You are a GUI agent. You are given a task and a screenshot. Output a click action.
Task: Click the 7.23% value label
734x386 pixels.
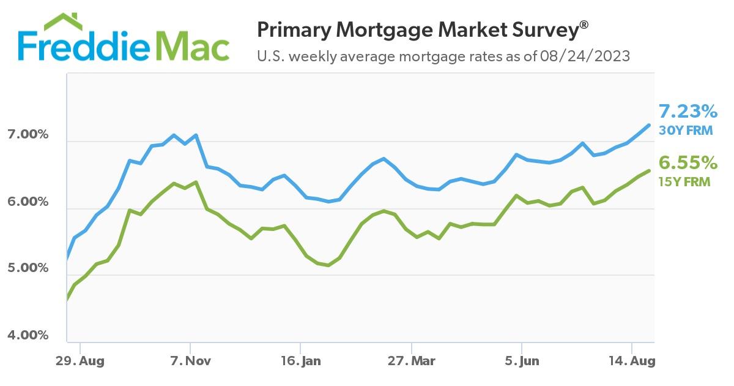pyautogui.click(x=688, y=112)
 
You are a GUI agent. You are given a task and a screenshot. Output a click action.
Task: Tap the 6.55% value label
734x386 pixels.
pyautogui.click(x=688, y=162)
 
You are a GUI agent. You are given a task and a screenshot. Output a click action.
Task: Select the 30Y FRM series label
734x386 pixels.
pyautogui.click(x=685, y=130)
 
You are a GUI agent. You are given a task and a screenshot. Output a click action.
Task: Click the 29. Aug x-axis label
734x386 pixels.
pyautogui.click(x=81, y=361)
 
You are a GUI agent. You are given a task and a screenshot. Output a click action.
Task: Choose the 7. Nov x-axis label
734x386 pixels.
pyautogui.click(x=190, y=361)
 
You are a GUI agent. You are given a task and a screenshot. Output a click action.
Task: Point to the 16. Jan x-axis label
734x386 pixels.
pyautogui.click(x=302, y=361)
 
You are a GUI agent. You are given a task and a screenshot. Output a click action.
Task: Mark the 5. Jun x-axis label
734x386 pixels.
pyautogui.click(x=521, y=361)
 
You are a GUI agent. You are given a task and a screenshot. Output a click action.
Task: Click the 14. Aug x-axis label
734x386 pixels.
pyautogui.click(x=632, y=361)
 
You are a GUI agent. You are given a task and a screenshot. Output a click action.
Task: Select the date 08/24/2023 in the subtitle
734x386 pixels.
pyautogui.click(x=585, y=57)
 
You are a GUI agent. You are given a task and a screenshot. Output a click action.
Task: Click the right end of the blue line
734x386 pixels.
pyautogui.click(x=649, y=125)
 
